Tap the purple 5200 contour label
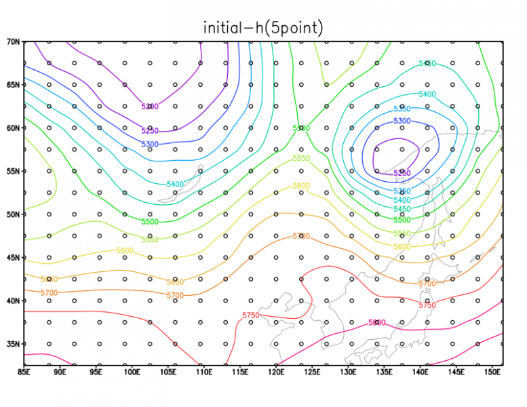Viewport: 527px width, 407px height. [150, 106]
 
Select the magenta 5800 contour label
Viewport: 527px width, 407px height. [376, 323]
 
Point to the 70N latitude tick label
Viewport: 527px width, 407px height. [13, 41]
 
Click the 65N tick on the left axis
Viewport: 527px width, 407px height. [13, 85]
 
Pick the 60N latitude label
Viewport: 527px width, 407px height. [13, 128]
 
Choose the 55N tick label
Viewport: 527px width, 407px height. [13, 171]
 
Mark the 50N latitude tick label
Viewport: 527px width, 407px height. [13, 214]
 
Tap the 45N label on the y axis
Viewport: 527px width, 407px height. [13, 258]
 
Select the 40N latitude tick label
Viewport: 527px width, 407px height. [13, 301]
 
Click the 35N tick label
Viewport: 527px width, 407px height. [13, 344]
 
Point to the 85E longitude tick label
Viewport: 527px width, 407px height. [24, 372]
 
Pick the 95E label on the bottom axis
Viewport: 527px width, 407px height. [96, 372]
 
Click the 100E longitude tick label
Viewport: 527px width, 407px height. [132, 372]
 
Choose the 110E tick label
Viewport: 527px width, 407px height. [204, 372]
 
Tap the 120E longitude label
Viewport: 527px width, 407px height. [277, 372]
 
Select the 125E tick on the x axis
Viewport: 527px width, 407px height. [313, 372]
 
